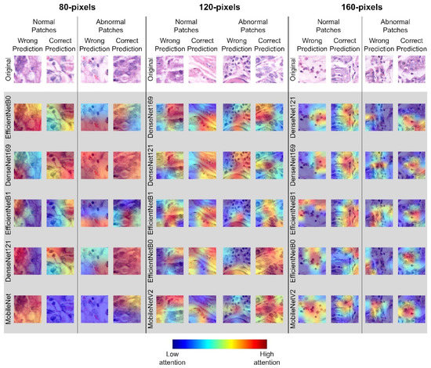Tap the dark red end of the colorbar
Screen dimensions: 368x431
click(x=263, y=342)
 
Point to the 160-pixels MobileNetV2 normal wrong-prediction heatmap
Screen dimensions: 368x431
click(x=312, y=309)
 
